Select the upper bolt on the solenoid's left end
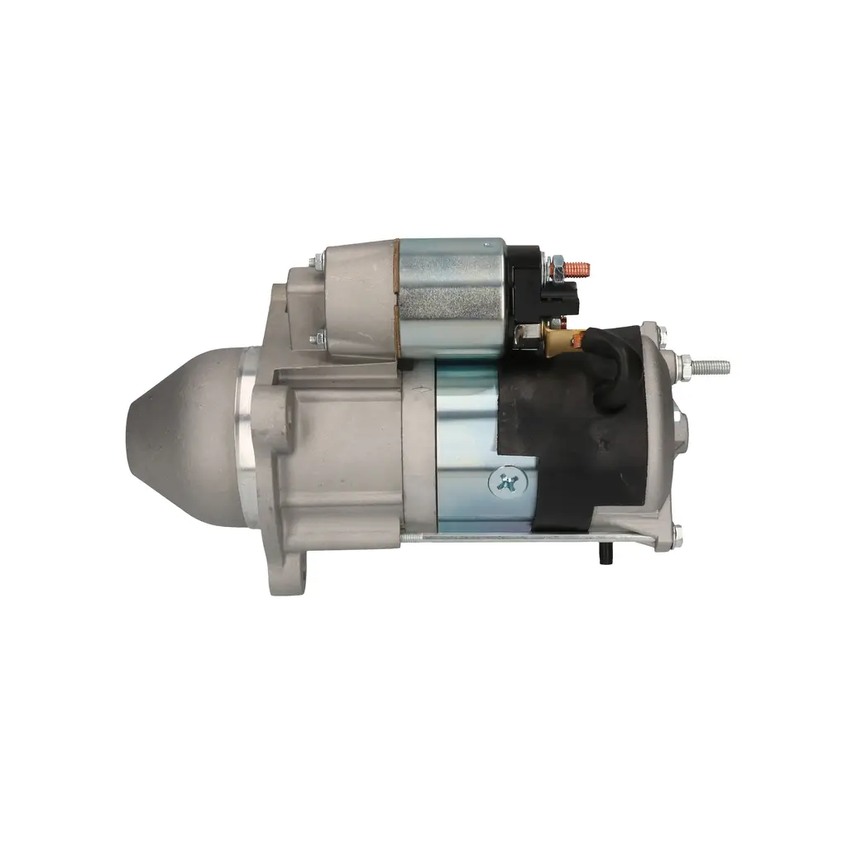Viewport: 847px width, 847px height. pos(316,263)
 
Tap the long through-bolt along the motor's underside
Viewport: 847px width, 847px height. pos(513,539)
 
